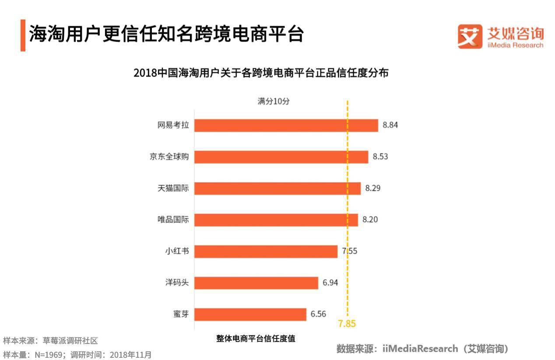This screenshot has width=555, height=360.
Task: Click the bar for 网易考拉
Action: pos(286,125)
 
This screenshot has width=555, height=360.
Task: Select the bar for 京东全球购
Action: pos(281,157)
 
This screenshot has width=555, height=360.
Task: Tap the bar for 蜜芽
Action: pos(250,314)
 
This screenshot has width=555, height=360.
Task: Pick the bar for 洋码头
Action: pos(256,283)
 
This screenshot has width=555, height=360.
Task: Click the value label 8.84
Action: pos(390,125)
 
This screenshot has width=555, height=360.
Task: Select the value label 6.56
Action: pos(318,314)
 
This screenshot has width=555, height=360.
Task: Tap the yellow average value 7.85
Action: pos(347,324)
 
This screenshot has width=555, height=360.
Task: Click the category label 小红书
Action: pos(176,251)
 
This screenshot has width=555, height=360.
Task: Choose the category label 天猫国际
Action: pos(173,188)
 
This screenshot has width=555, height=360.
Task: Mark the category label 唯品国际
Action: pos(173,220)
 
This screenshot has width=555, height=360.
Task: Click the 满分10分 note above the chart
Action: pos(273,101)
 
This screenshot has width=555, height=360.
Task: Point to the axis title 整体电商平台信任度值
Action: pos(256,339)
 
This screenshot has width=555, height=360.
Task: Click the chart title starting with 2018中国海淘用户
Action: pos(261,73)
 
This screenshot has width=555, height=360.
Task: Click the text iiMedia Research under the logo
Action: pos(515,45)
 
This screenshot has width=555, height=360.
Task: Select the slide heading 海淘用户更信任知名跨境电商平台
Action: pos(166,35)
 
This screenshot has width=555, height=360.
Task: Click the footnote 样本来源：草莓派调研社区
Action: pos(50,340)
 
